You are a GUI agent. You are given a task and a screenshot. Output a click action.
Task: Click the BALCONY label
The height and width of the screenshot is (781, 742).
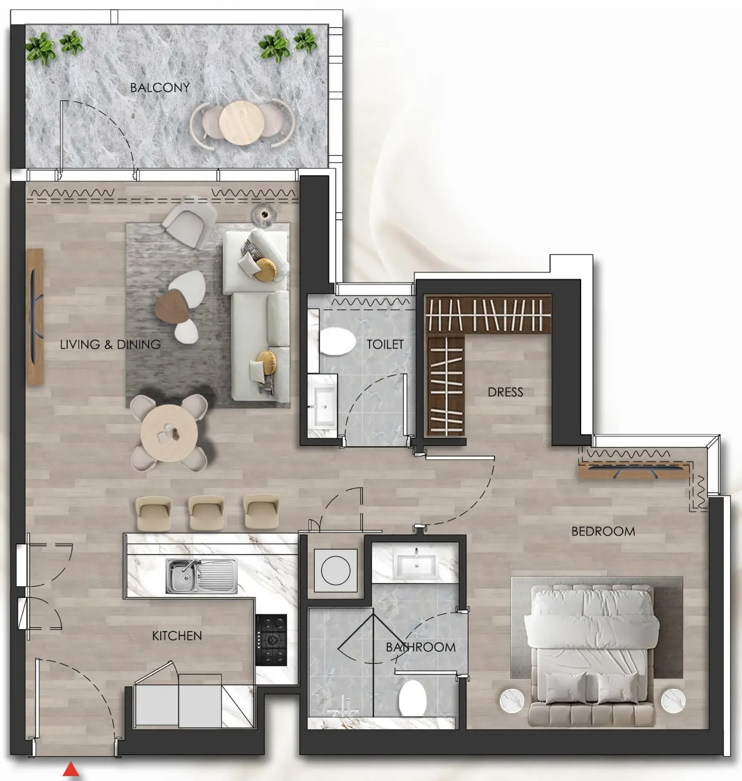[x=160, y=87]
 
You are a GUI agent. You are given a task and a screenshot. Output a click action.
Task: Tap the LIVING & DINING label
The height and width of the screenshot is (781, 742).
[x=110, y=345]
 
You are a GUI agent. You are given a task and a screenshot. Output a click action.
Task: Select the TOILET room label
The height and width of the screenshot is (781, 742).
[x=385, y=344]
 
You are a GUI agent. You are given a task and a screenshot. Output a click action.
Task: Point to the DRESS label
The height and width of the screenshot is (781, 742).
[x=505, y=392]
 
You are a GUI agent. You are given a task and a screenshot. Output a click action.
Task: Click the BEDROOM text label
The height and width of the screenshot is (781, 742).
[x=603, y=531]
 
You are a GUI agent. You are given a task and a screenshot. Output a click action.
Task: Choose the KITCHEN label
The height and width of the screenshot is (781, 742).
[x=177, y=636]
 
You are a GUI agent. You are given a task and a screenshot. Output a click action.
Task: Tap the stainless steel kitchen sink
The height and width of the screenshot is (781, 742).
[x=201, y=575]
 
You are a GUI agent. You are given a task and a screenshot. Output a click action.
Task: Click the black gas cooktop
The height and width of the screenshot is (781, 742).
[x=271, y=640]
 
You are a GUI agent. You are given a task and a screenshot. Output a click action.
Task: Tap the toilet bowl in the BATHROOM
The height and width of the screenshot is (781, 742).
[x=412, y=698]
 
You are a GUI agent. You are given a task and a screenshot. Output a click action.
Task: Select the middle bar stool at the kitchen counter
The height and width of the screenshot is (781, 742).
[x=206, y=512]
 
